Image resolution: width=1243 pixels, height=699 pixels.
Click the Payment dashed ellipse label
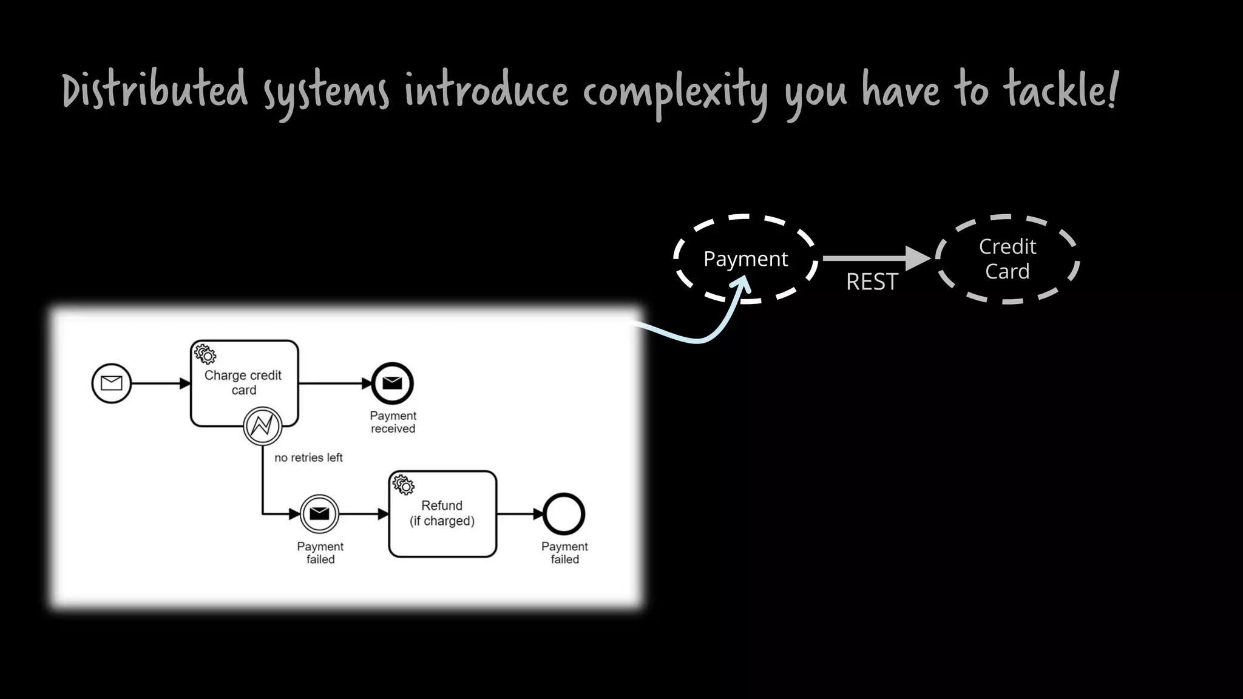pyautogui.click(x=745, y=259)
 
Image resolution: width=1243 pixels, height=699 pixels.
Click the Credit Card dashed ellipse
pyautogui.click(x=1008, y=259)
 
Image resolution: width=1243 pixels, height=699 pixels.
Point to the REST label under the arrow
pyautogui.click(x=872, y=282)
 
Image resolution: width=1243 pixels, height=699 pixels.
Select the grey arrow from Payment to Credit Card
pyautogui.click(x=874, y=258)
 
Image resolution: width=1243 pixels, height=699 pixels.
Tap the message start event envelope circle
pyautogui.click(x=112, y=383)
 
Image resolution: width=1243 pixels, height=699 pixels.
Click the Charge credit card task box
pyautogui.click(x=244, y=382)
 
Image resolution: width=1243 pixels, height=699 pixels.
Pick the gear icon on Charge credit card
pyautogui.click(x=205, y=354)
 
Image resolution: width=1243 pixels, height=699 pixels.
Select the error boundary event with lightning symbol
pyautogui.click(x=263, y=426)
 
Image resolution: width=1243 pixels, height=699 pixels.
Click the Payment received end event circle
pyautogui.click(x=393, y=383)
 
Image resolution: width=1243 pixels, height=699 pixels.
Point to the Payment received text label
pyautogui.click(x=393, y=422)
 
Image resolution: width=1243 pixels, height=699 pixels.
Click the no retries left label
pyautogui.click(x=308, y=458)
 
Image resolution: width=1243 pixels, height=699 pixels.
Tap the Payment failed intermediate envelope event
pyautogui.click(x=319, y=514)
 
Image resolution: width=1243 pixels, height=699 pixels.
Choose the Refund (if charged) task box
pyautogui.click(x=442, y=514)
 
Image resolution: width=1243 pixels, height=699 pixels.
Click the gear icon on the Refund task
pyautogui.click(x=404, y=485)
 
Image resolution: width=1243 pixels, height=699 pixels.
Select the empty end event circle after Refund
pyautogui.click(x=564, y=514)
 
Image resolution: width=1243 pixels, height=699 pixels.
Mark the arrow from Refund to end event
pyautogui.click(x=520, y=514)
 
